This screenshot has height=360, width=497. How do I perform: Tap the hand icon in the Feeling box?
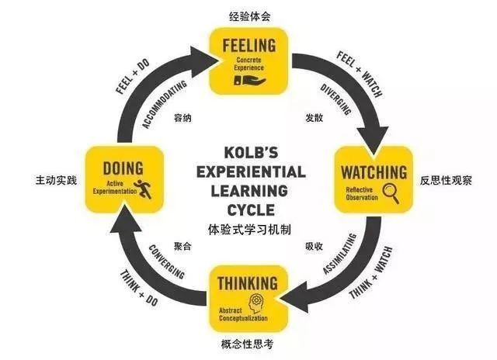248,78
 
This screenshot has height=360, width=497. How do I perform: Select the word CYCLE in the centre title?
249,209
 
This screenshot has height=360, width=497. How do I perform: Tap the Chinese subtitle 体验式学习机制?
249,230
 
